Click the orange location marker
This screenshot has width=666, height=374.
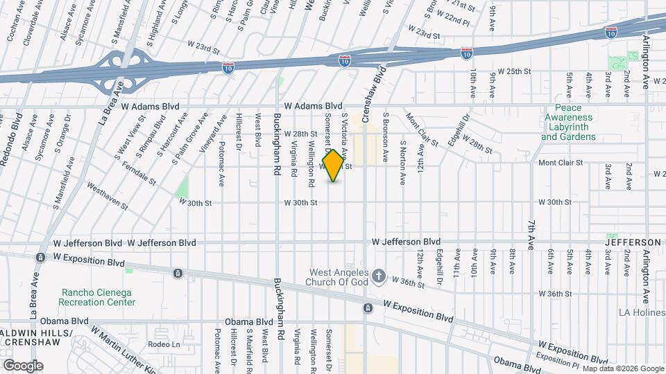coord(334,166)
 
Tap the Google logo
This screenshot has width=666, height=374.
coord(23,366)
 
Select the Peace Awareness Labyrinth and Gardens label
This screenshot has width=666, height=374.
coord(568,123)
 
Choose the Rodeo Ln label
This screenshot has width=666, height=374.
coord(164,344)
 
